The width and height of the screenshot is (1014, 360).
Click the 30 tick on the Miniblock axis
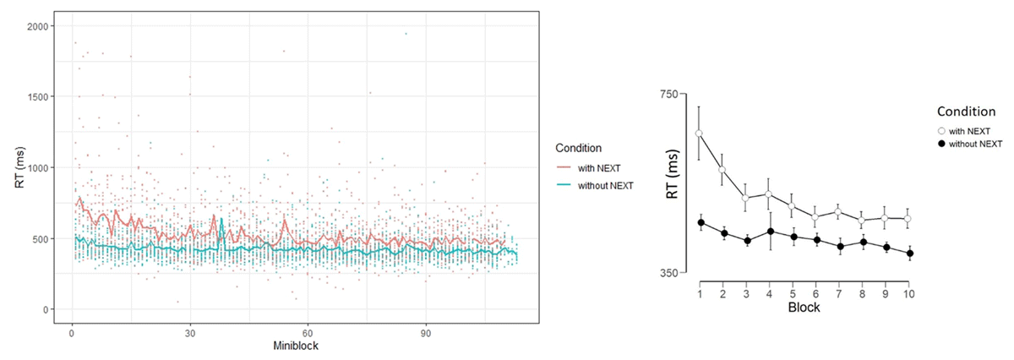pyautogui.click(x=189, y=331)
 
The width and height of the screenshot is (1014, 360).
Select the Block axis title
pyautogui.click(x=804, y=308)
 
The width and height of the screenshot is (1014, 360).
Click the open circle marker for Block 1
pyautogui.click(x=700, y=133)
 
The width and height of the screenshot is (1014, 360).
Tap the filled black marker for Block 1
pyautogui.click(x=701, y=222)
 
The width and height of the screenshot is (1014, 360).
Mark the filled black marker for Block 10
pyautogui.click(x=908, y=253)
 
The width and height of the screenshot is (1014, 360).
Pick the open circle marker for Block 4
pyautogui.click(x=769, y=194)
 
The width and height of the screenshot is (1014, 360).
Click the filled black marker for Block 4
pyautogui.click(x=769, y=231)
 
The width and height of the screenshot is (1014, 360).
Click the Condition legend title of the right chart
pyautogui.click(x=968, y=112)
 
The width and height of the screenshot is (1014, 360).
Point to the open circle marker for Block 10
pyautogui.click(x=908, y=218)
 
